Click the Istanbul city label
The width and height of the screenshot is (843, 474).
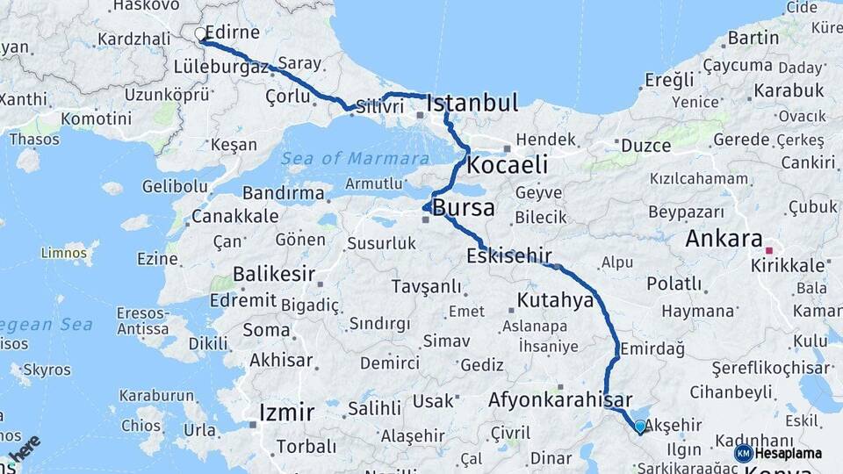(x=472, y=104)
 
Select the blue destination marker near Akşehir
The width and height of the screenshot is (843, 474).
(x=639, y=427)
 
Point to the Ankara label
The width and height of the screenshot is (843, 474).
(x=724, y=239)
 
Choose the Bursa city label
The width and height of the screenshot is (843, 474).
(x=463, y=209)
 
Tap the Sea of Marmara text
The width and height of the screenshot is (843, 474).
(x=356, y=159)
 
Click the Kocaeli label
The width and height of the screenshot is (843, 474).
(x=508, y=165)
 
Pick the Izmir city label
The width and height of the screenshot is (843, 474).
(x=286, y=412)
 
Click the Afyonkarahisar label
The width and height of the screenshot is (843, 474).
(x=560, y=399)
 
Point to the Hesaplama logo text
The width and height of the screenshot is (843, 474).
(x=789, y=453)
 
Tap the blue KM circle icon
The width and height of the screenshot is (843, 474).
(x=743, y=453)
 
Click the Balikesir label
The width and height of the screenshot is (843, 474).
(x=273, y=274)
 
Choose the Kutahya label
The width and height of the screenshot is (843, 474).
(x=555, y=301)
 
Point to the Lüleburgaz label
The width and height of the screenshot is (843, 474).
(x=220, y=67)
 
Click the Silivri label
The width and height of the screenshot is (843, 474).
(x=379, y=106)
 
